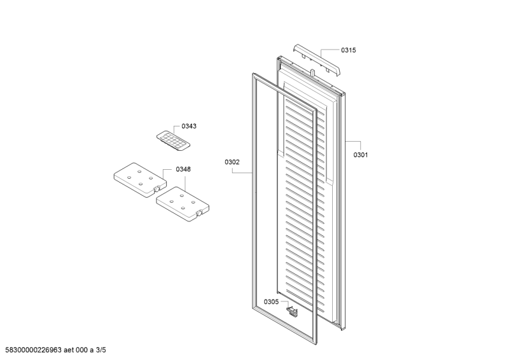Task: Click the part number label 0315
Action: tap(348, 50)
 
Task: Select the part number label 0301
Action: tap(361, 155)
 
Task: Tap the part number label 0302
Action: tap(232, 162)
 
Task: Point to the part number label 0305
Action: tap(271, 302)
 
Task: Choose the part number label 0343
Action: tap(189, 126)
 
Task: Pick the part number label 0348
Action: tap(183, 169)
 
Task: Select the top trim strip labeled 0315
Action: tap(317, 60)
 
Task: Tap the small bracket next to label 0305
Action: tap(292, 310)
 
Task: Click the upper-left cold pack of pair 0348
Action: tap(140, 180)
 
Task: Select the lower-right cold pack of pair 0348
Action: tap(183, 204)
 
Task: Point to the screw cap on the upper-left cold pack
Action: tap(157, 188)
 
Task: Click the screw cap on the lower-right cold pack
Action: tap(200, 212)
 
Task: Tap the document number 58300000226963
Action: tap(34, 350)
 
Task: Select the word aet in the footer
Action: tap(69, 350)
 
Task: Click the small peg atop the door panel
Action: tap(312, 73)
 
